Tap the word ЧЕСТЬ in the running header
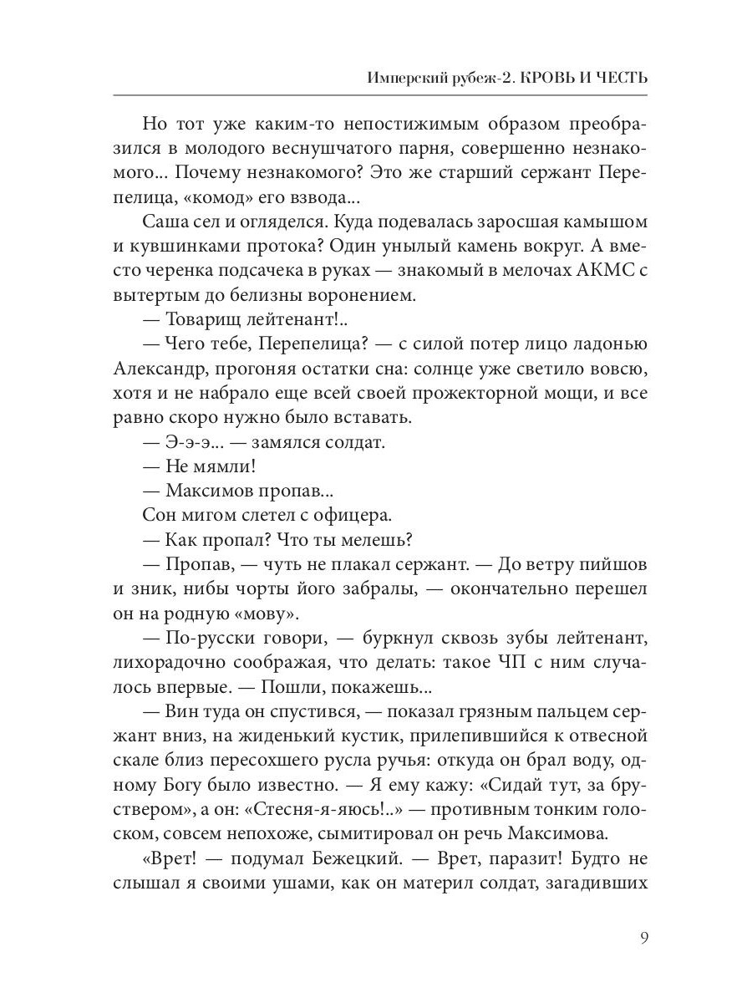tap(617, 78)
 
